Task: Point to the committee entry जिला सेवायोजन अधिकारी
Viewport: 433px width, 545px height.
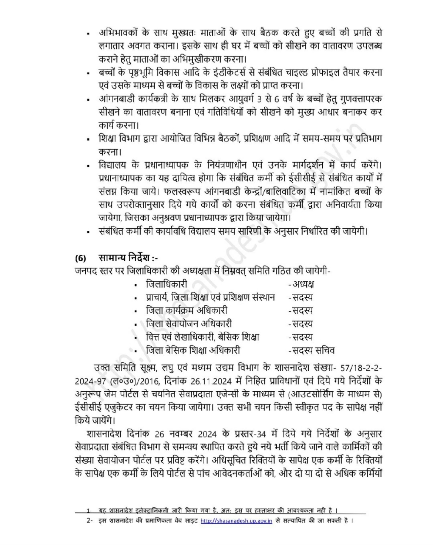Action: click(x=189, y=324)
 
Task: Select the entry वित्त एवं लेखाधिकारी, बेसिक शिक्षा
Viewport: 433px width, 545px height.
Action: click(x=203, y=337)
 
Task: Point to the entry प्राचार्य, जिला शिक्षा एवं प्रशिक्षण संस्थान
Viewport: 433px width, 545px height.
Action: click(x=210, y=297)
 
